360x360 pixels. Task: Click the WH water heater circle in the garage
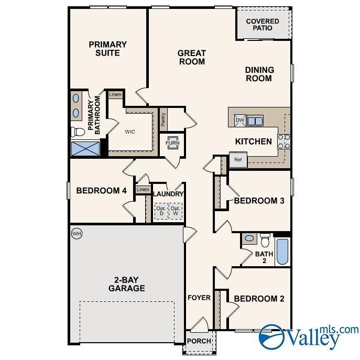tap(77, 233)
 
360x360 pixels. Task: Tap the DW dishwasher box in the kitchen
tap(240, 121)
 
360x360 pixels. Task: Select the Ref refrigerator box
tap(237, 160)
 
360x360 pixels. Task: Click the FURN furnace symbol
tap(172, 143)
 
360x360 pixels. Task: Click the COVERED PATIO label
tap(263, 24)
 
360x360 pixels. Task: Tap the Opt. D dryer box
tap(161, 211)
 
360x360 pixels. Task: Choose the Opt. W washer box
tap(176, 211)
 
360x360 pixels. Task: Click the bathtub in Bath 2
tap(282, 252)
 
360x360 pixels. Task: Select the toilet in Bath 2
tap(265, 240)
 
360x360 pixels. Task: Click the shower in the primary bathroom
tap(85, 149)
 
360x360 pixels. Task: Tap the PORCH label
tap(199, 341)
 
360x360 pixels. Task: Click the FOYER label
tap(199, 298)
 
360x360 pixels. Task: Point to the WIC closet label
tap(130, 132)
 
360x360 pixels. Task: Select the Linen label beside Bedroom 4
tap(143, 189)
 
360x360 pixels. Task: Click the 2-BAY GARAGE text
tap(127, 283)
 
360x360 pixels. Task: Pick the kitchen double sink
tap(255, 121)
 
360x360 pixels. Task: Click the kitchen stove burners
tap(283, 141)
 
